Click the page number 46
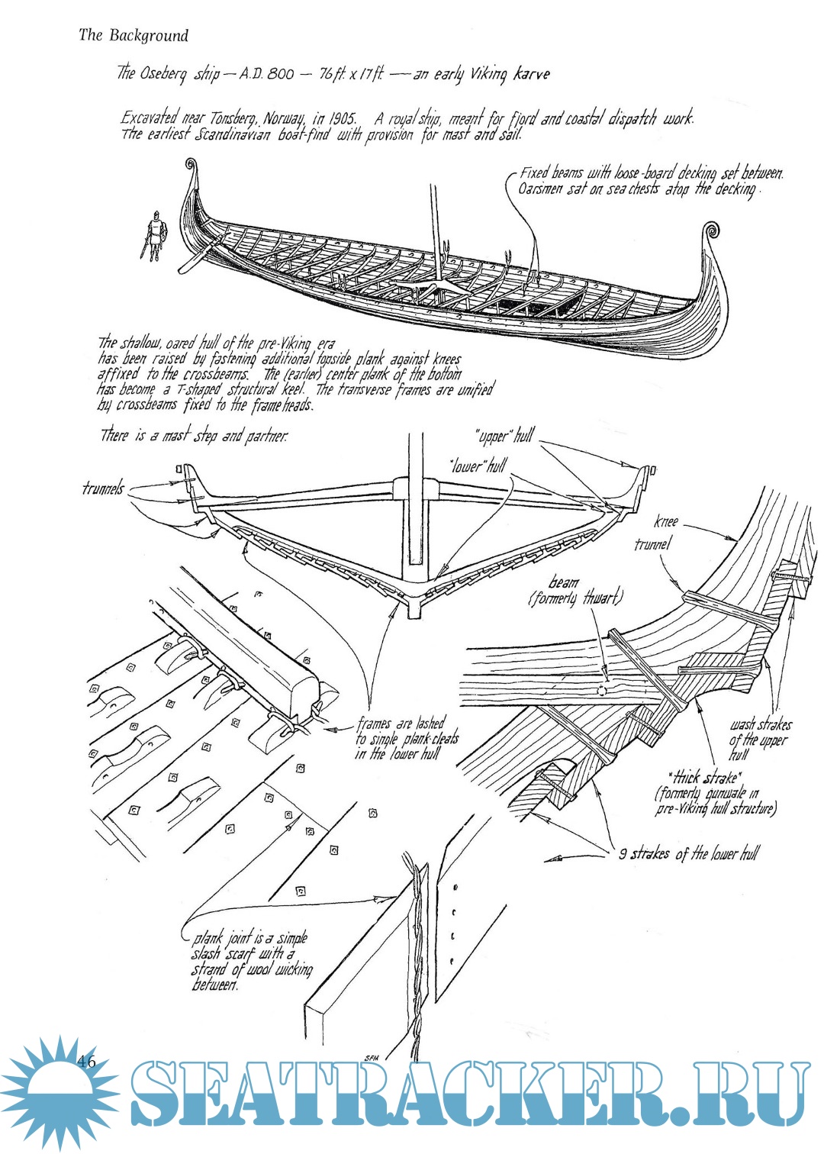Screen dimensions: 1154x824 click(85, 1061)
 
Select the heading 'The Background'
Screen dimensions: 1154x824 click(133, 35)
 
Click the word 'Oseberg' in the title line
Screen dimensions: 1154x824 click(163, 73)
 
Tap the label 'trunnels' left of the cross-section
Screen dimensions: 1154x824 click(103, 488)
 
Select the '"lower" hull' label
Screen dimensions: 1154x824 click(478, 465)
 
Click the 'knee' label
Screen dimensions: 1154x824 click(665, 523)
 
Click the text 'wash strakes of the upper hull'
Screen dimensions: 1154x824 click(759, 739)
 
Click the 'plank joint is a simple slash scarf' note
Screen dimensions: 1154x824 click(251, 962)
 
